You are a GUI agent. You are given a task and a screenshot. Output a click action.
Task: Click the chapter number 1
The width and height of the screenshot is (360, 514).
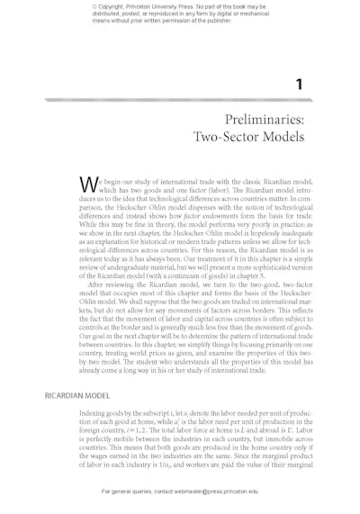click(x=300, y=85)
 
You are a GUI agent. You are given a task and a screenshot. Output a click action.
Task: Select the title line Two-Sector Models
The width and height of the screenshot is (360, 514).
click(x=248, y=137)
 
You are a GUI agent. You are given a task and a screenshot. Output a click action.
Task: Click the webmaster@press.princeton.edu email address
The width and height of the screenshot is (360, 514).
click(x=216, y=491)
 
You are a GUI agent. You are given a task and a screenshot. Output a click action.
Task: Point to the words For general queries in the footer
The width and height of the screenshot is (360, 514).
click(x=125, y=491)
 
